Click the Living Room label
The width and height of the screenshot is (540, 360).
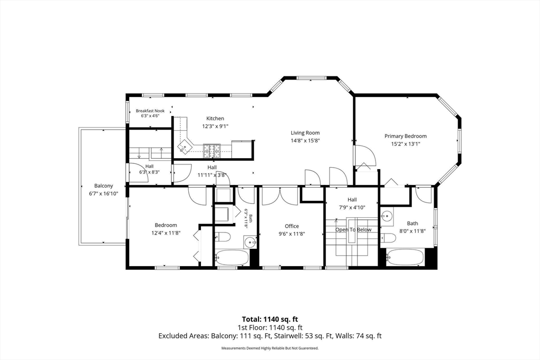[305, 132]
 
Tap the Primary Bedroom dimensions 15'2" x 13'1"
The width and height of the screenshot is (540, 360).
[406, 144]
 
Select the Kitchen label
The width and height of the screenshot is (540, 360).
[215, 119]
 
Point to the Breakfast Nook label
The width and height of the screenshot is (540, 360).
[150, 111]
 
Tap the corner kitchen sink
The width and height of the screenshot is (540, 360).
[185, 147]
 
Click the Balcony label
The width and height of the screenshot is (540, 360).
[103, 186]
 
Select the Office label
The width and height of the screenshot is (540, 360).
[292, 226]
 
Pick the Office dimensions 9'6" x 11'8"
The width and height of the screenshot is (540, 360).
[292, 233]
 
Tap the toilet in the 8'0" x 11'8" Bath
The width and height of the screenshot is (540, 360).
[388, 238]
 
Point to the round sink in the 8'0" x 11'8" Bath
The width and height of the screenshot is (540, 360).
[387, 217]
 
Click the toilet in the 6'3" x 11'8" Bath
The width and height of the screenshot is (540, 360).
[223, 237]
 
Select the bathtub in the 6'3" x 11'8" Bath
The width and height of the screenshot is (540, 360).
[232, 257]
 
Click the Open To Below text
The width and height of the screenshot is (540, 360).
[353, 230]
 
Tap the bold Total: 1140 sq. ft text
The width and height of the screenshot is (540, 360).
[270, 319]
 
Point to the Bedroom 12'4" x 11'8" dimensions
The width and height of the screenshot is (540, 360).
[166, 233]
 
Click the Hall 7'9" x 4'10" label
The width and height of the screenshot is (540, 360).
[352, 203]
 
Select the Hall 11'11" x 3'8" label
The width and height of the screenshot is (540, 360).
[212, 171]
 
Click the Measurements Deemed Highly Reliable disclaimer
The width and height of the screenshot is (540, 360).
[270, 348]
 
